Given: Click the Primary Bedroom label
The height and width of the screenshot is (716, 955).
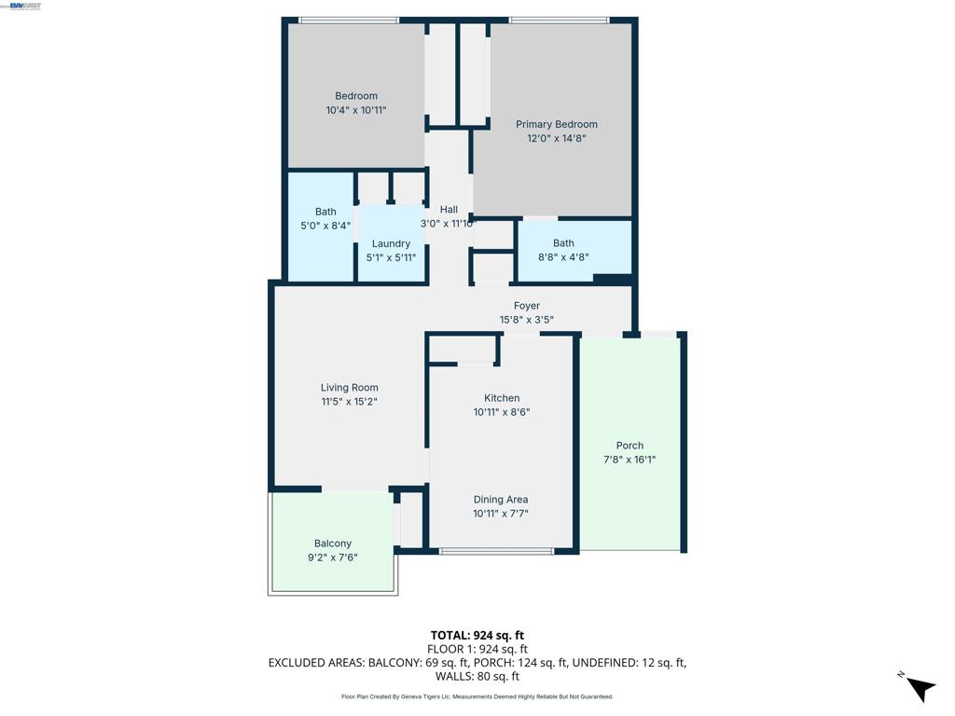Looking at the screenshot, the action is (556, 124).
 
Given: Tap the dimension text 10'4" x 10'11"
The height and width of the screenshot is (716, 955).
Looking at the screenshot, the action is (356, 110).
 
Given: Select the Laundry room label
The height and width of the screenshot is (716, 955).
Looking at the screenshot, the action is (391, 243).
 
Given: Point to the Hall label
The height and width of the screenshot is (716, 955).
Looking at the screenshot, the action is (449, 210).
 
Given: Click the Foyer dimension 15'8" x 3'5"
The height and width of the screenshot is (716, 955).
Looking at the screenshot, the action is (527, 320).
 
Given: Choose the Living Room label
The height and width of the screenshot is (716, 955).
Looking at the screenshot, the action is (350, 388).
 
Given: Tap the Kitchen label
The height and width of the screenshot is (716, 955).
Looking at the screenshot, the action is (502, 398).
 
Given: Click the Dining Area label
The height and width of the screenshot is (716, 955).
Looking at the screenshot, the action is (501, 500).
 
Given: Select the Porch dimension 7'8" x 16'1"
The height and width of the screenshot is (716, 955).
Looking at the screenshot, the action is (630, 460).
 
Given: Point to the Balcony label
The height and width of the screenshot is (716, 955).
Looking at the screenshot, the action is (333, 544).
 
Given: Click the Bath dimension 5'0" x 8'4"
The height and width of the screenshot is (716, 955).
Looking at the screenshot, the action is (325, 226).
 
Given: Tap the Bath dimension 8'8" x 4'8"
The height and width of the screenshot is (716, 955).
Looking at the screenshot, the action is (563, 257).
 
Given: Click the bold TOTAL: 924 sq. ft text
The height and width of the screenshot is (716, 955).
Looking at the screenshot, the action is (477, 636).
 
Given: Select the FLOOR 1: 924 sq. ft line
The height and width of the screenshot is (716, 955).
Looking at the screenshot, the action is (477, 650).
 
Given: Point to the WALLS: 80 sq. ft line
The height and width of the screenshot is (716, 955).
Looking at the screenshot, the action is (477, 677).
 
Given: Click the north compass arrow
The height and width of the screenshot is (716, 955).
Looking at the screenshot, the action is (920, 689).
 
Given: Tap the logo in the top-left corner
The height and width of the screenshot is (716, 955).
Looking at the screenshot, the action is (21, 6).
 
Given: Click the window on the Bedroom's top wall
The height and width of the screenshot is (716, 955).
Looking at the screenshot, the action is (349, 21).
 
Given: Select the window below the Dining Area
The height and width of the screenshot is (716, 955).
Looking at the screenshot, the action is (496, 551).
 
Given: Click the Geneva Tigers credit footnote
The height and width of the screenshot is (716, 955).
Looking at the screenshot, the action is (477, 696).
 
